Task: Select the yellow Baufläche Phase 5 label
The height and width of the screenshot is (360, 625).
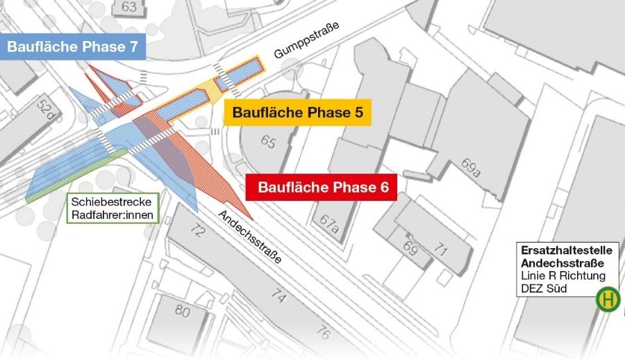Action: click(297, 112)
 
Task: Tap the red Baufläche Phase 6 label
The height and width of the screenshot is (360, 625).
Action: click(322, 187)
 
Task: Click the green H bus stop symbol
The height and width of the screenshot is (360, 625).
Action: click(608, 300)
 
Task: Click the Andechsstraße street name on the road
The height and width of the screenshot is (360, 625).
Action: click(251, 236)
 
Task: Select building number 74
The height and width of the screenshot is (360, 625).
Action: click(278, 297)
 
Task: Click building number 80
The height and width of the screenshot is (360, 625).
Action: click(182, 310)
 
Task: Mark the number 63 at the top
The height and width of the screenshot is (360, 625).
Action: click(129, 7)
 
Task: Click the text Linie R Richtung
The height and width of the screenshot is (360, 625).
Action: click(562, 276)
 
